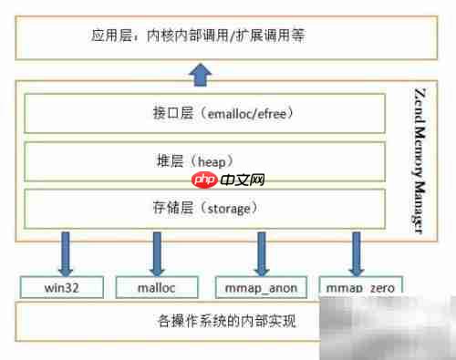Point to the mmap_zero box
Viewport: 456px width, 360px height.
click(x=360, y=287)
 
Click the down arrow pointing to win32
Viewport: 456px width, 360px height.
click(x=67, y=252)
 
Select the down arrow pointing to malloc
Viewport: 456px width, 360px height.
click(x=158, y=252)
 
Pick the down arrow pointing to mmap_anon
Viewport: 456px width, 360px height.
click(x=263, y=252)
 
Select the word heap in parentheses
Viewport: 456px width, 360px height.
click(x=210, y=161)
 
